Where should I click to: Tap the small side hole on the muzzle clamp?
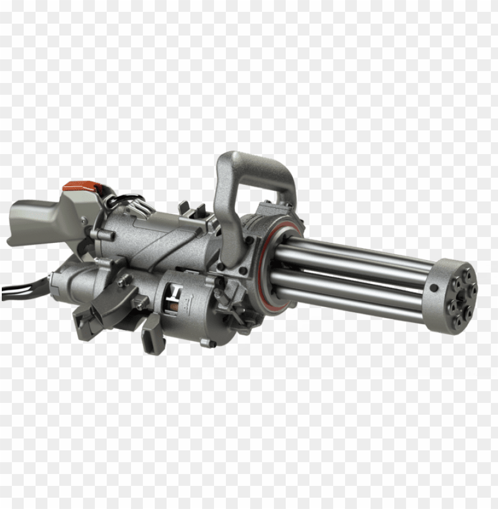pyautogui.click(x=434, y=288)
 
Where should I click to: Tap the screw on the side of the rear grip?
pyautogui.click(x=85, y=221)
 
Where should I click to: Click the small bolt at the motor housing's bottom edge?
pyautogui.click(x=208, y=343)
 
